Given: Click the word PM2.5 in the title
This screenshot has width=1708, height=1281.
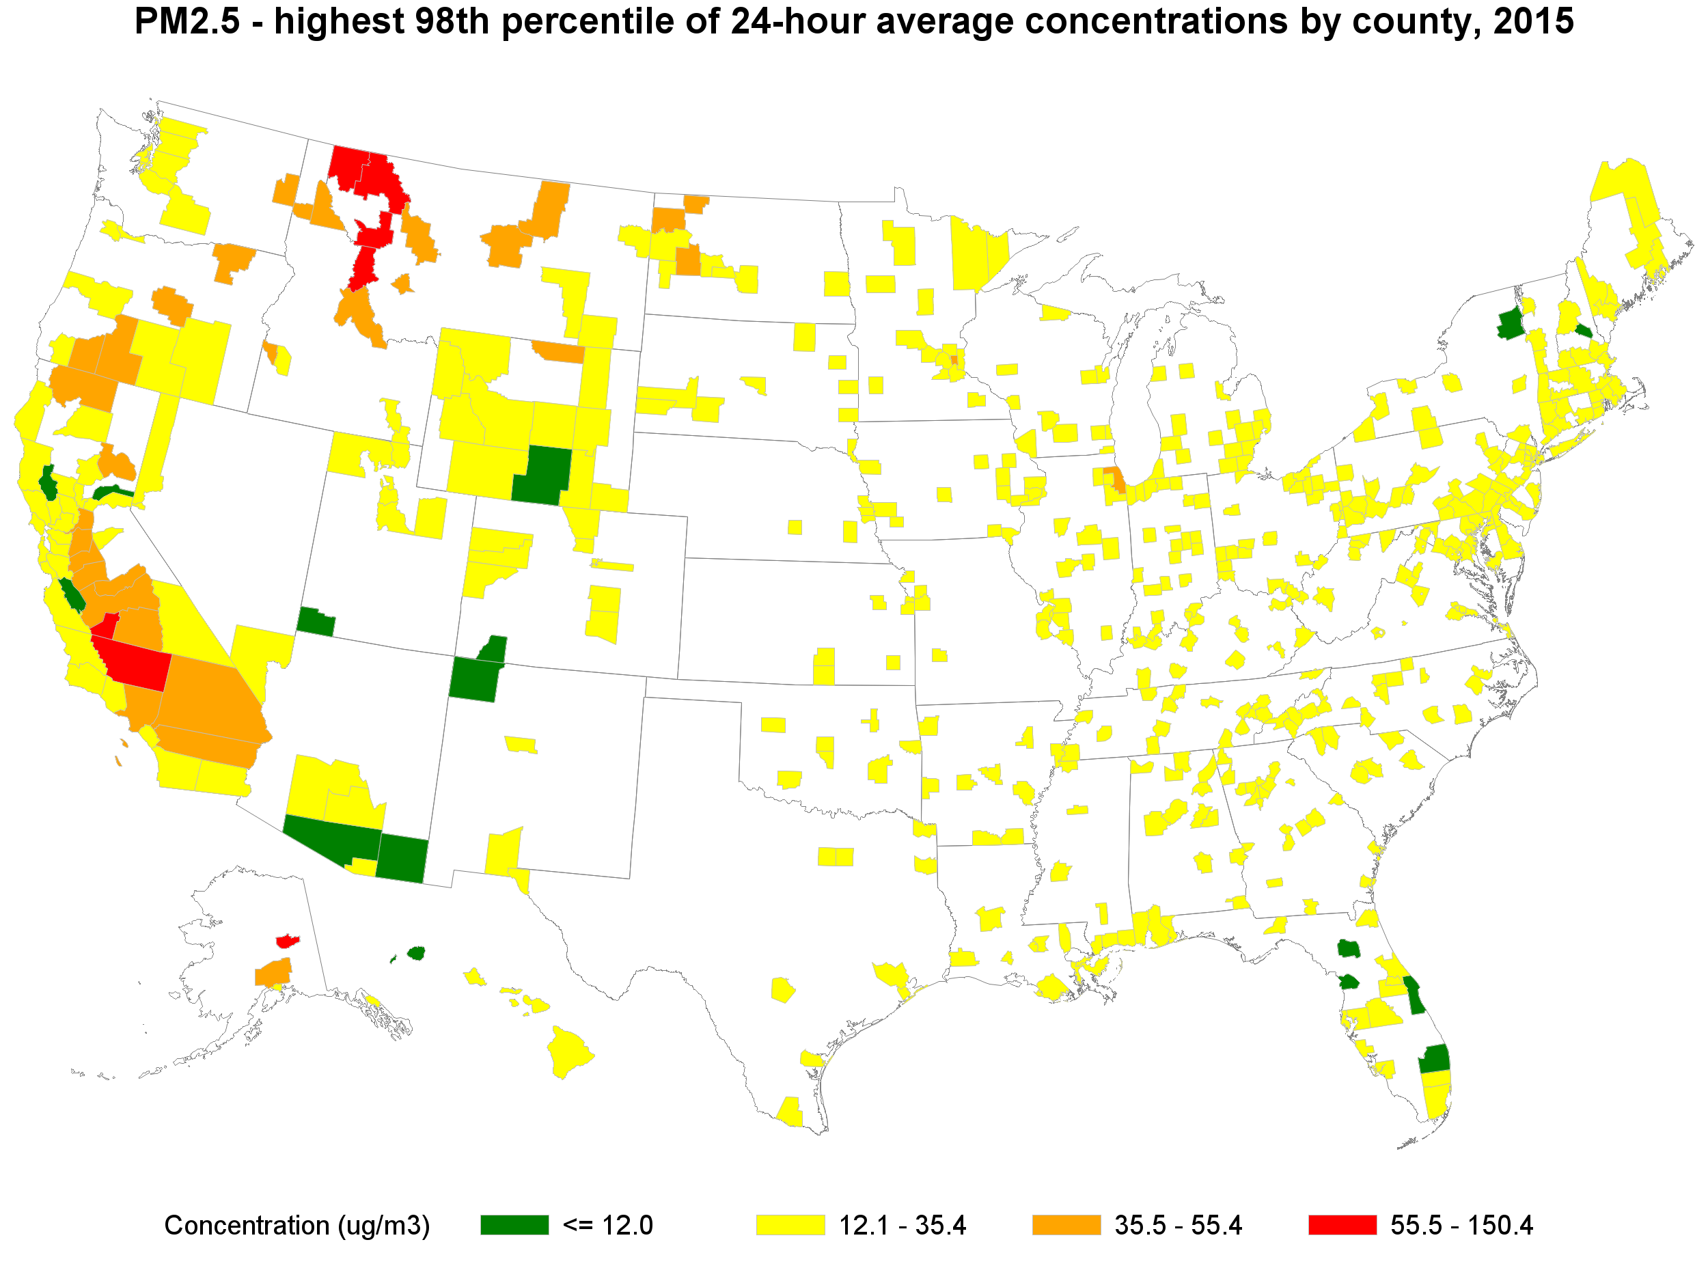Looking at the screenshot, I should (x=187, y=22).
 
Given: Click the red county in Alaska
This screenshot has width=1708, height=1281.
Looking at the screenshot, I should (x=287, y=941).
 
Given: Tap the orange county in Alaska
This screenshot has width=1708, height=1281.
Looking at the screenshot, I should (x=273, y=973).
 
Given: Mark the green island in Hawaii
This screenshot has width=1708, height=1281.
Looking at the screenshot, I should (x=416, y=953).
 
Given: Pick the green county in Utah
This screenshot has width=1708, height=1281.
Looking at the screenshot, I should (x=316, y=622).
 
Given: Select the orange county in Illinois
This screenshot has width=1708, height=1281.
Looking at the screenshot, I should (x=1114, y=479).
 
